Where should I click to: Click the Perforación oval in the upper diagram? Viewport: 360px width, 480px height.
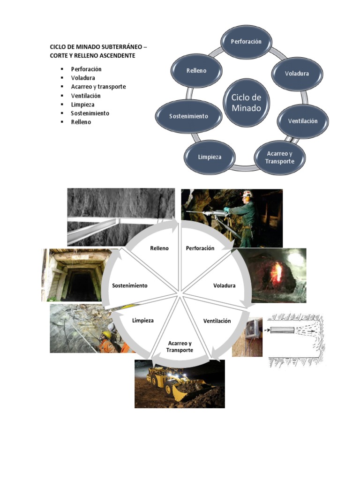click(x=246, y=41)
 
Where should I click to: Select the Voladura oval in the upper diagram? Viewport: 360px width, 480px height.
click(x=297, y=74)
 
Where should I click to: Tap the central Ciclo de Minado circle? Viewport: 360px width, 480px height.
click(x=246, y=103)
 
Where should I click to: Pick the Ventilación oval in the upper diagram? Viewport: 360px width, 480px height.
click(x=302, y=121)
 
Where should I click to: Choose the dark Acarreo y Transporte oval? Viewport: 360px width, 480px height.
click(x=279, y=157)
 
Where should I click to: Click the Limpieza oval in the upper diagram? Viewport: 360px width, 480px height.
click(x=209, y=157)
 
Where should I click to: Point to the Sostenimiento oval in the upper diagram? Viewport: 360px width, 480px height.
click(x=188, y=116)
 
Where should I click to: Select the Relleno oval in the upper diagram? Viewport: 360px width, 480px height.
click(x=196, y=71)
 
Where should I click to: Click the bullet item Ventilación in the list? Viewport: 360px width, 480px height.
click(x=86, y=96)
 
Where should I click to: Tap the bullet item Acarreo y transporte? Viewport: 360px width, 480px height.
click(x=98, y=87)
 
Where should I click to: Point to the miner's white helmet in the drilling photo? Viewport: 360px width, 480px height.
click(x=247, y=194)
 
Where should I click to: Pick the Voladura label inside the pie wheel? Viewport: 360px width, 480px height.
click(x=224, y=285)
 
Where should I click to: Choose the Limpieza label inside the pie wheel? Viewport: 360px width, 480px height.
click(x=143, y=321)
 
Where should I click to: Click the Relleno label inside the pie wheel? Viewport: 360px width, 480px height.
click(x=159, y=248)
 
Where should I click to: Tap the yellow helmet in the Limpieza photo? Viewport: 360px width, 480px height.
click(x=107, y=334)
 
